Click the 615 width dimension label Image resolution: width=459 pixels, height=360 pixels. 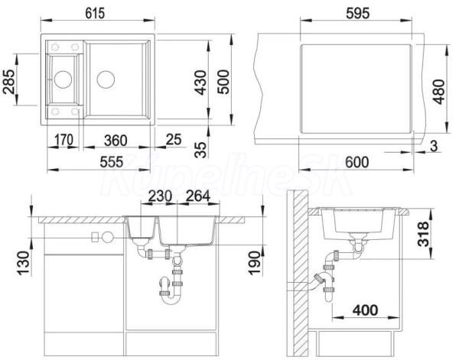(x=95, y=14)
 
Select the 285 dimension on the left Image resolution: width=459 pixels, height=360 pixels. (x=9, y=82)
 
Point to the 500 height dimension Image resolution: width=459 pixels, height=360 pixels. (x=223, y=82)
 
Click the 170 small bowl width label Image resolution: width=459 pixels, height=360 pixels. (x=64, y=140)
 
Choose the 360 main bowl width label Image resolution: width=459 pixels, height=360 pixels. (x=116, y=141)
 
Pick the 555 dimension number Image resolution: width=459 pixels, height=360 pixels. (x=112, y=162)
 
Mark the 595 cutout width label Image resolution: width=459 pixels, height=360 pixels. (x=358, y=13)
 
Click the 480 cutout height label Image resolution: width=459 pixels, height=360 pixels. (x=439, y=92)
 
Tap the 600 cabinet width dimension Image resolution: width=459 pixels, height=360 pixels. (x=356, y=162)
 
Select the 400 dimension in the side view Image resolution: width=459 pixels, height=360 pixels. (x=366, y=310)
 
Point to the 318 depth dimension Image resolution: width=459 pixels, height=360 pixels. (x=423, y=234)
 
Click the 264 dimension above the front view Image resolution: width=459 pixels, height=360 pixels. (x=198, y=196)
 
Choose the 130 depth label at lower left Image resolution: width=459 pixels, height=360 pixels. (x=24, y=263)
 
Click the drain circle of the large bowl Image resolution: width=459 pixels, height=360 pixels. (x=106, y=79)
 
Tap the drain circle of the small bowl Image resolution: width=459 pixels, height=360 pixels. (x=63, y=79)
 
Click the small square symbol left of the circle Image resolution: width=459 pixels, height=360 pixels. (x=95, y=237)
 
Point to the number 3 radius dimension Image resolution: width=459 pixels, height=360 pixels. (x=434, y=146)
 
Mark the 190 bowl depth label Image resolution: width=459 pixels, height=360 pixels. (x=255, y=263)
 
